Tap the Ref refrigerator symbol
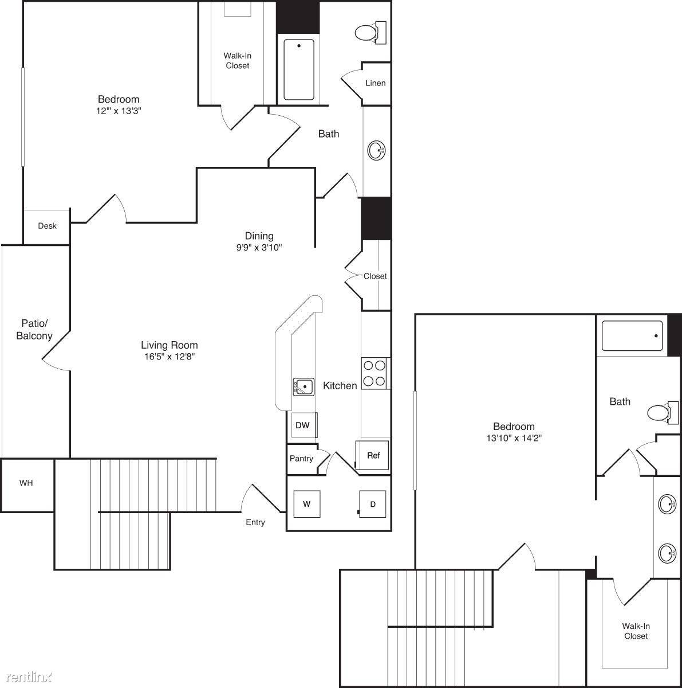pyautogui.click(x=372, y=455)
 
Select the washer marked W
pyautogui.click(x=307, y=504)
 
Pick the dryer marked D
pyautogui.click(x=372, y=504)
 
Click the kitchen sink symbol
pyautogui.click(x=303, y=387)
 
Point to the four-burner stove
pyautogui.click(x=376, y=373)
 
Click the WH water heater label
pyautogui.click(x=26, y=483)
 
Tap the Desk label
pyautogui.click(x=47, y=226)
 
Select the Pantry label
pyautogui.click(x=301, y=459)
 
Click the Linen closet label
pyautogui.click(x=375, y=83)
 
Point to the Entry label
pyautogui.click(x=255, y=522)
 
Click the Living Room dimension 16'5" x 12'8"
pyautogui.click(x=169, y=356)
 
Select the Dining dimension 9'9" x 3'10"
pyautogui.click(x=259, y=247)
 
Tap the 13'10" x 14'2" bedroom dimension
pyautogui.click(x=514, y=437)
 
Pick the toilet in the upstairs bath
pyautogui.click(x=663, y=413)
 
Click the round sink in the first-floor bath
pyautogui.click(x=376, y=150)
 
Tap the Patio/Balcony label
pyautogui.click(x=34, y=329)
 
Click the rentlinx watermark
pyautogui.click(x=29, y=676)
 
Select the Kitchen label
pyautogui.click(x=340, y=386)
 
